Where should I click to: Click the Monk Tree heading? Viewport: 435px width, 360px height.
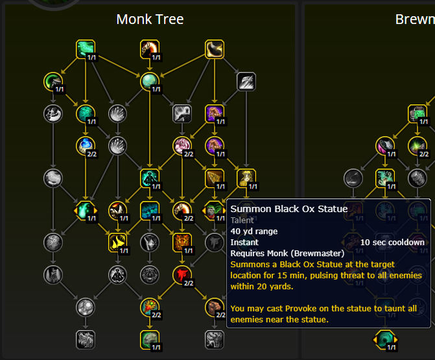(x=150, y=19)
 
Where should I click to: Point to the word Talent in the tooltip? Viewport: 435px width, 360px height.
(x=243, y=221)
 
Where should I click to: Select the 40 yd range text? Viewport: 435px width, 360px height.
(x=254, y=232)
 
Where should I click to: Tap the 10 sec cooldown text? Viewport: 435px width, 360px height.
(x=392, y=243)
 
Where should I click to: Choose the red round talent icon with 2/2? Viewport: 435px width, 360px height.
(x=182, y=274)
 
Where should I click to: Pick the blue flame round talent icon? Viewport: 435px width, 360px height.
(x=86, y=145)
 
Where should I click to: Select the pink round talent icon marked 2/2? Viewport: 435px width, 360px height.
(x=182, y=145)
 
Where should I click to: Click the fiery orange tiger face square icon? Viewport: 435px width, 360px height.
(x=182, y=242)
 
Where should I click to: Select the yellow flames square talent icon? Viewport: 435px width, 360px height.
(x=117, y=242)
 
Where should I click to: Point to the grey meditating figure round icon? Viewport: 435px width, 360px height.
(x=117, y=274)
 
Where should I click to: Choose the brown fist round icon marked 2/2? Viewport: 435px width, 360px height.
(x=182, y=210)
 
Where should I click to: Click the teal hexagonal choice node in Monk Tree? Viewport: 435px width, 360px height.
(x=86, y=210)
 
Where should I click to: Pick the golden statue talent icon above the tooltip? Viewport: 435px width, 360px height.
(x=246, y=178)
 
